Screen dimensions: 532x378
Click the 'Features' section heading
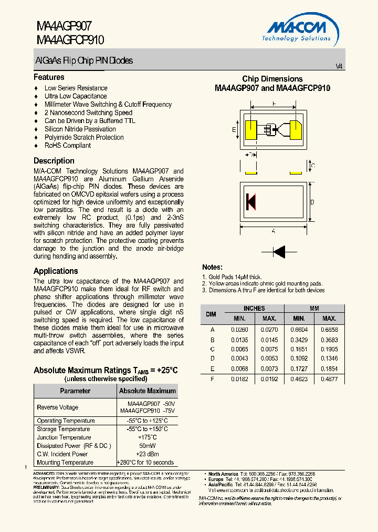[49, 77]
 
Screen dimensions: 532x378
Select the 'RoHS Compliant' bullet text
[67, 146]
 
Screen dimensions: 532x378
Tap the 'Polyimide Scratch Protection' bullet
[84, 137]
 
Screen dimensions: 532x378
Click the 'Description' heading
[54, 161]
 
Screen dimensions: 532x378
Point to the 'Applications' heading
[56, 271]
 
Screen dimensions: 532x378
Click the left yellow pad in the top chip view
[250, 129]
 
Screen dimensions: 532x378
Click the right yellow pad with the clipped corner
[296, 129]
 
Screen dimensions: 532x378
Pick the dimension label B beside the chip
[312, 202]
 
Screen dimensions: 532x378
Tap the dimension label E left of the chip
[234, 129]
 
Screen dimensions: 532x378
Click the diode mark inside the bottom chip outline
[250, 202]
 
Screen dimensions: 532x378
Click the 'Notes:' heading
[212, 268]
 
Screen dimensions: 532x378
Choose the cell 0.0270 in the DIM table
[269, 330]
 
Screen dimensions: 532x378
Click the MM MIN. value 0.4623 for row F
[299, 379]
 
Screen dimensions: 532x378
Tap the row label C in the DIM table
[213, 349]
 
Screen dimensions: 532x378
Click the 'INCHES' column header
[254, 309]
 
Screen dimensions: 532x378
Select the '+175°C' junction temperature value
[147, 437]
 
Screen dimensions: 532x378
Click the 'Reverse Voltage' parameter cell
[57, 407]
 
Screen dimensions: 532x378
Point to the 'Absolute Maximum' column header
[147, 391]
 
